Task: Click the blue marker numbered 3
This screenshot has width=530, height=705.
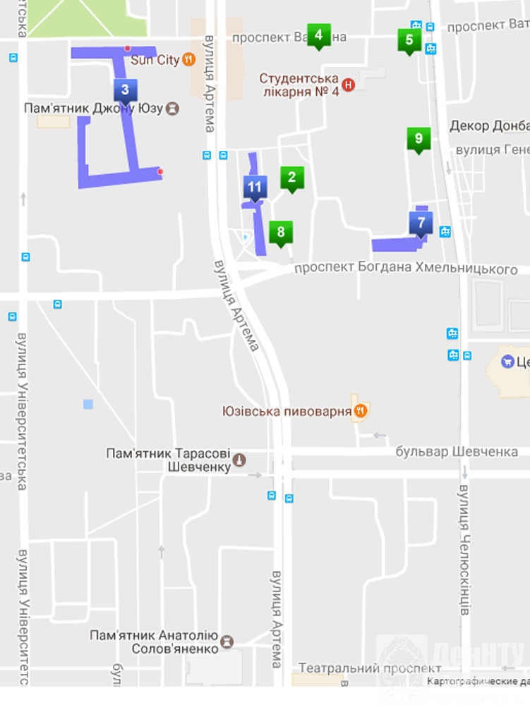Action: [125, 90]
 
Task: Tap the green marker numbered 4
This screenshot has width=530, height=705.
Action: [319, 35]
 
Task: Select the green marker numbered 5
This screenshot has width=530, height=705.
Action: [409, 40]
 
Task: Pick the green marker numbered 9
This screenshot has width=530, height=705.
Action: [418, 139]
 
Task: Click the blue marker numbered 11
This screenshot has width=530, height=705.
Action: [255, 188]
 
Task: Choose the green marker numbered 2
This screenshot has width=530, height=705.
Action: [291, 178]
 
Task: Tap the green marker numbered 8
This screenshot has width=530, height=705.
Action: [281, 232]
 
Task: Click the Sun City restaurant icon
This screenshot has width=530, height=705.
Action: [188, 60]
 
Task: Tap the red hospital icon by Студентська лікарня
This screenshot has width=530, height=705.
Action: [347, 85]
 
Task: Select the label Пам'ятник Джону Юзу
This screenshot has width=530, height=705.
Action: [93, 109]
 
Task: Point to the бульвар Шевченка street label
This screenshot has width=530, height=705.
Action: [456, 451]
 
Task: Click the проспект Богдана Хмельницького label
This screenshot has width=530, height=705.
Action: [405, 269]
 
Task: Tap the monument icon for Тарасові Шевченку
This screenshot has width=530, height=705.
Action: [239, 460]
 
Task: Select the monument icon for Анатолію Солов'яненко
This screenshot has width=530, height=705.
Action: [227, 642]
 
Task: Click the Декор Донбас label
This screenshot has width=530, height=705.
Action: [490, 126]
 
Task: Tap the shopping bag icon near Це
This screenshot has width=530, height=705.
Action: [507, 362]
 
